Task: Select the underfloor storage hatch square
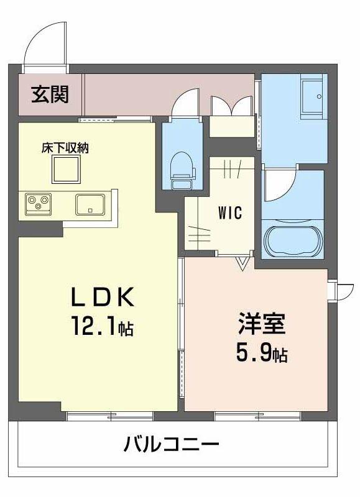65,168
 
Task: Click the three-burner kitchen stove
39,203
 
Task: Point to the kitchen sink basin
91,203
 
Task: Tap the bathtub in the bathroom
292,240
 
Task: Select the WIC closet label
229,212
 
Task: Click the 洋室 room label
261,325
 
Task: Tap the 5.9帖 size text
261,353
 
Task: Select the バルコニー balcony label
171,445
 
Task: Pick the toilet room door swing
185,103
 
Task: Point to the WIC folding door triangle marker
243,263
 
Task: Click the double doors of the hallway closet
231,106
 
